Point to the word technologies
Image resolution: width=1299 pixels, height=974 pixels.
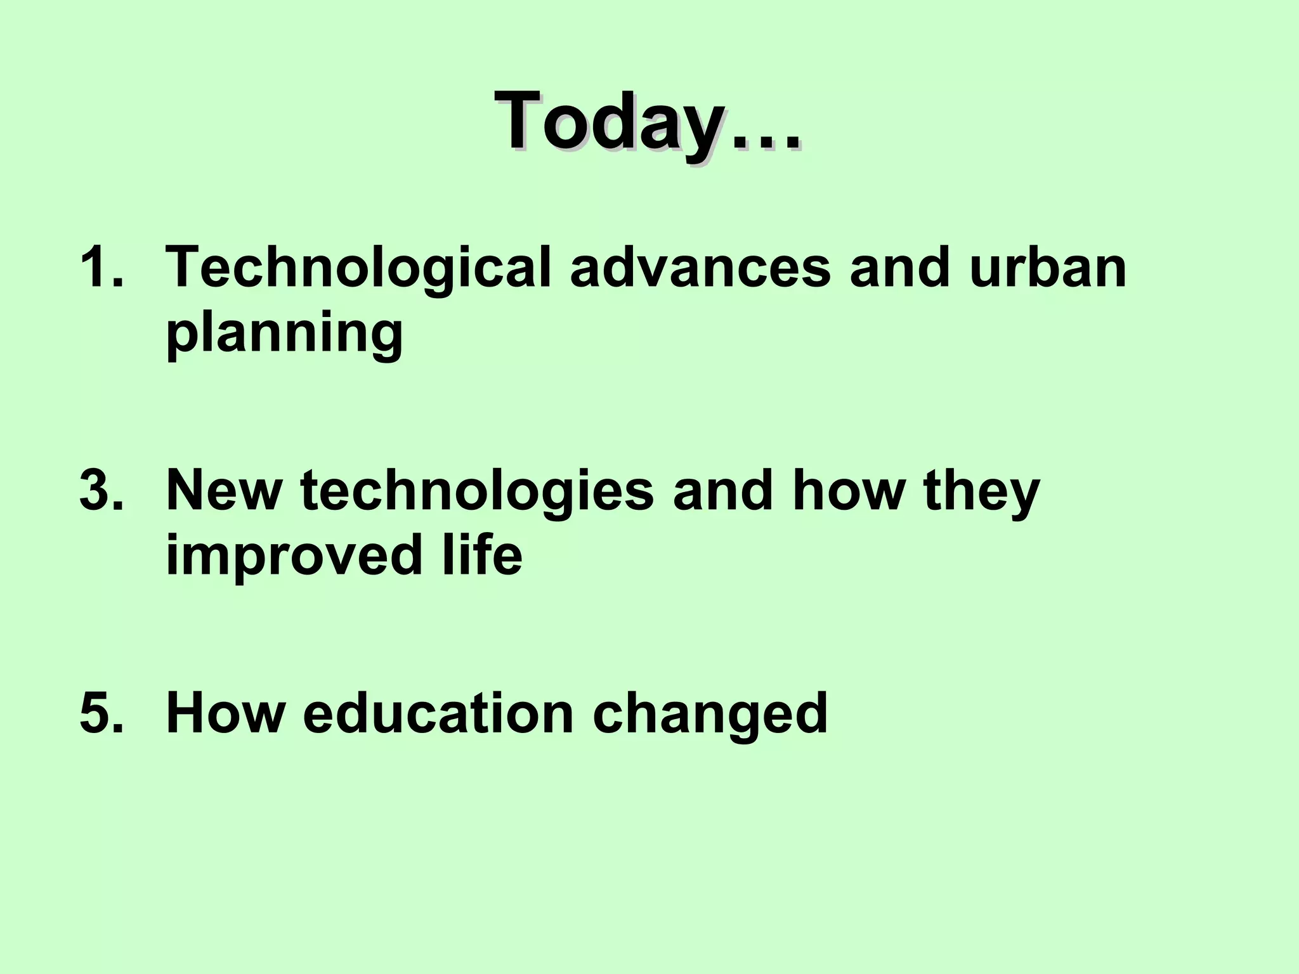click(x=477, y=493)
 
